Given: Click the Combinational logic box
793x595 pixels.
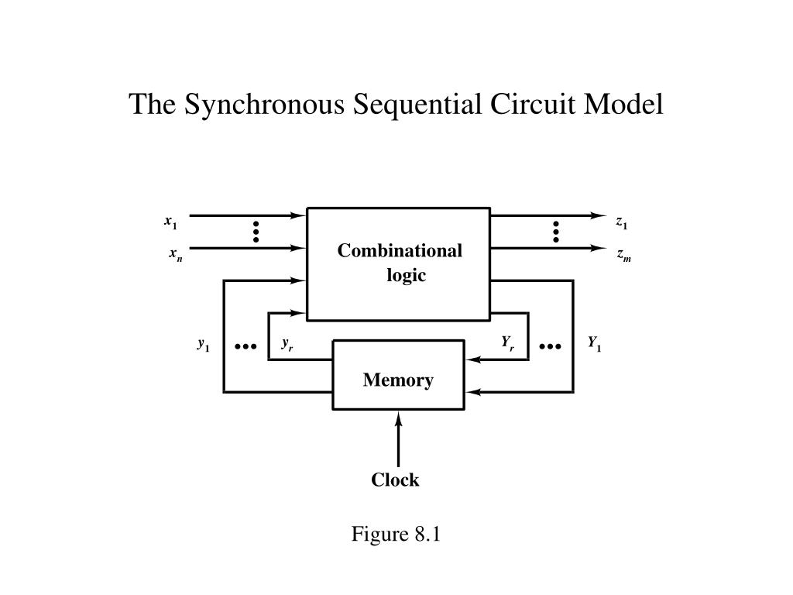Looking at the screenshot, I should [398, 263].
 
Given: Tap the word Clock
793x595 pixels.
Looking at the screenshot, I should [395, 480].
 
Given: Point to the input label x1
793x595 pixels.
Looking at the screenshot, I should [170, 222].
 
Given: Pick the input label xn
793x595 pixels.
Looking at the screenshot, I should [176, 254].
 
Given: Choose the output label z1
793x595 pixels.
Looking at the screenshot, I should [622, 222].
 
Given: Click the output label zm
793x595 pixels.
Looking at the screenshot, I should [624, 254].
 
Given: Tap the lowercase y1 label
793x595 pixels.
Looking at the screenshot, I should [203, 344].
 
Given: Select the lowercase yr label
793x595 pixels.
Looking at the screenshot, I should [287, 344].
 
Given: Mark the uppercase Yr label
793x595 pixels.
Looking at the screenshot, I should [507, 342].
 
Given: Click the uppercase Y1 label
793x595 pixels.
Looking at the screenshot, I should [594, 342].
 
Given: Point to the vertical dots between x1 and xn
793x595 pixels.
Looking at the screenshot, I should [256, 232].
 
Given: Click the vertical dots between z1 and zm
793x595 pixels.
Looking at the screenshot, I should [556, 232].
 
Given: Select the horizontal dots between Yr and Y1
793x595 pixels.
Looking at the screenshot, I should [551, 346].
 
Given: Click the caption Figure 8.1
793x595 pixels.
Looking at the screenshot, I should [396, 535].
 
